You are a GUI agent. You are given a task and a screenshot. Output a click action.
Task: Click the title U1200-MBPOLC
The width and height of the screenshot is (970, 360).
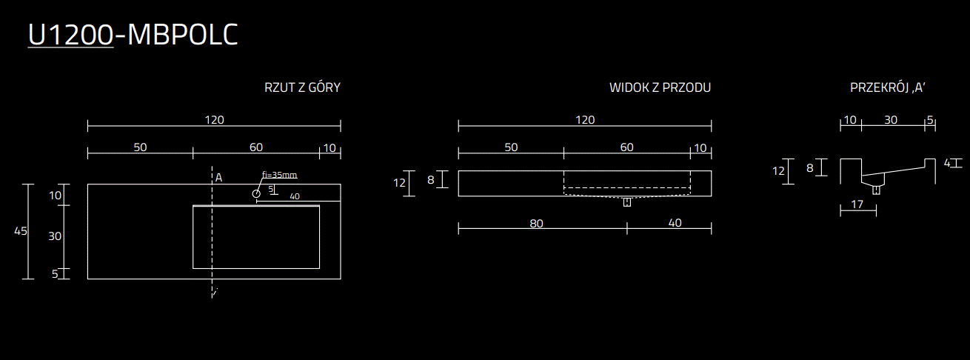click(x=133, y=36)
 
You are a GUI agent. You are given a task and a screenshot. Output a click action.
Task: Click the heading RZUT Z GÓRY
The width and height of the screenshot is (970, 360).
click(x=302, y=87)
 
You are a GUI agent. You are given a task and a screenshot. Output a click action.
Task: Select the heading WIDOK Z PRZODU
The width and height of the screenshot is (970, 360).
click(x=660, y=87)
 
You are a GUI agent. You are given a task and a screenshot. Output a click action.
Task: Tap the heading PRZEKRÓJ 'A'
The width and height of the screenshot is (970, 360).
click(x=888, y=87)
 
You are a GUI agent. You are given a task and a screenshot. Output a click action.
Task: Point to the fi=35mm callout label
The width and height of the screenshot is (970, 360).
click(x=279, y=175)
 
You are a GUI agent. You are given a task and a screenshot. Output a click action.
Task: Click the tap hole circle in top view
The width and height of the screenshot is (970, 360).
click(x=256, y=193)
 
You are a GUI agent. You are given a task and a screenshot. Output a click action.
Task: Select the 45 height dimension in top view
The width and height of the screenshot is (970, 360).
click(x=21, y=231)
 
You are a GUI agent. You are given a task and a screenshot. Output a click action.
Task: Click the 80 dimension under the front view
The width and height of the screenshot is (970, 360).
click(x=538, y=222)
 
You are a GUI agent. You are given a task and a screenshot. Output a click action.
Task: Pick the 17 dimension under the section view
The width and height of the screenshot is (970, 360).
click(x=857, y=204)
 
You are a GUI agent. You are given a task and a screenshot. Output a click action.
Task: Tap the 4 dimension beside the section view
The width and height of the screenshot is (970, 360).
click(x=947, y=163)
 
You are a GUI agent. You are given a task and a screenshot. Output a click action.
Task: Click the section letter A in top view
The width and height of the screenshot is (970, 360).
click(x=218, y=177)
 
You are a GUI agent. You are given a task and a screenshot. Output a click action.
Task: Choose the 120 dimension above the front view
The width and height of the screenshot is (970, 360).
click(x=585, y=120)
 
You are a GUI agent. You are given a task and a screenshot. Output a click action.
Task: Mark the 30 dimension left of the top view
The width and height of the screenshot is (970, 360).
click(x=55, y=236)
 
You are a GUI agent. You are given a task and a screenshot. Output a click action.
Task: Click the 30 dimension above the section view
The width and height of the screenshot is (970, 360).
click(x=891, y=120)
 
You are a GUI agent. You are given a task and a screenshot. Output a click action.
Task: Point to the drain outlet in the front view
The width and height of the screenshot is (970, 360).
click(x=626, y=202)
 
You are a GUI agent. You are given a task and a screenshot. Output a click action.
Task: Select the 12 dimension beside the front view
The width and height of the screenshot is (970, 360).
click(x=400, y=183)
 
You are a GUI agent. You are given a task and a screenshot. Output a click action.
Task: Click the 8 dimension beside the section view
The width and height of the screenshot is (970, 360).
click(x=810, y=168)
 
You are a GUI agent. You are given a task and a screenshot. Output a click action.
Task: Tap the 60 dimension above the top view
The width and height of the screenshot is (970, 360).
click(x=256, y=147)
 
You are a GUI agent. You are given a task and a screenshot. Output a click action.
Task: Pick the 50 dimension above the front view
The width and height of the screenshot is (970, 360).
click(x=511, y=147)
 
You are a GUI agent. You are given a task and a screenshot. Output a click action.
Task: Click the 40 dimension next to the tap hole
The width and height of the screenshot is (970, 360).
click(x=295, y=196)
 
